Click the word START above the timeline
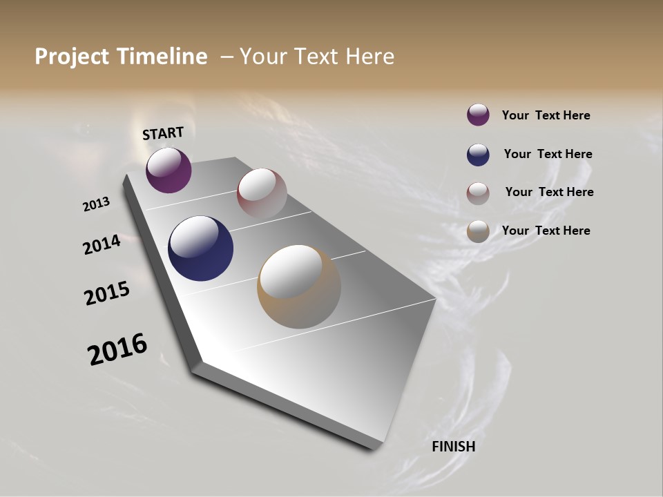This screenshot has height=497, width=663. [x=163, y=133]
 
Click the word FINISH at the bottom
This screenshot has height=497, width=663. [x=453, y=447]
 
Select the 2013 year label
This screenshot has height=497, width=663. [x=96, y=204]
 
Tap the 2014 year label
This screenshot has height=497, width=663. [x=102, y=245]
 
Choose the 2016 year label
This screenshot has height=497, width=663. [x=117, y=349]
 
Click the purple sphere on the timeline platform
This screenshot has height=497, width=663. [x=169, y=170]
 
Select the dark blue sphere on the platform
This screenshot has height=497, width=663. [x=200, y=248]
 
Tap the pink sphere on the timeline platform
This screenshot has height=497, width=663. [x=262, y=193]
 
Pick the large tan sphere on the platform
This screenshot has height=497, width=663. [x=299, y=286]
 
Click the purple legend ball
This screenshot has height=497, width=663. [x=478, y=115]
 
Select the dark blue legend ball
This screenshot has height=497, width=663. [x=478, y=154]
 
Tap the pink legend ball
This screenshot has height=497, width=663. [x=478, y=193]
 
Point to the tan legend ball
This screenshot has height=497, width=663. [x=478, y=231]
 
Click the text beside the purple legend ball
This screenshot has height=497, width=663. [x=546, y=115]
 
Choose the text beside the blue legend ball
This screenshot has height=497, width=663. [x=548, y=154]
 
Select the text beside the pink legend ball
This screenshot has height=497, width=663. [x=549, y=192]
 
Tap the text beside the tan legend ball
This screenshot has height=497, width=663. [x=546, y=231]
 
